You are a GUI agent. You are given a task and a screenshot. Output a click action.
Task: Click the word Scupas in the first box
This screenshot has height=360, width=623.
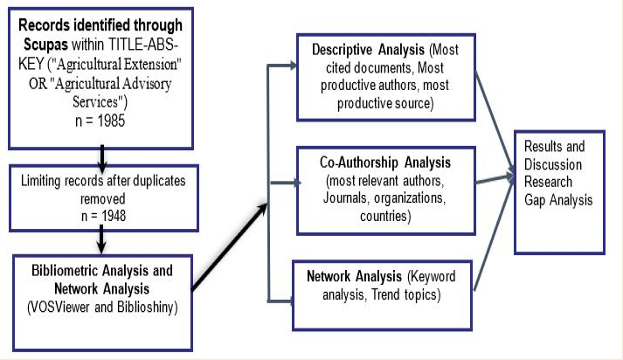(45, 45)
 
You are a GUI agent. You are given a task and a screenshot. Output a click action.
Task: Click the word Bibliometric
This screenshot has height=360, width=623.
(65, 271)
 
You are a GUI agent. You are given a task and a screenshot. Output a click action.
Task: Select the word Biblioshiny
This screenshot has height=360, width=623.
(147, 308)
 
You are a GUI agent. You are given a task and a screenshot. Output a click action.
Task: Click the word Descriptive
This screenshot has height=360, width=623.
(343, 50)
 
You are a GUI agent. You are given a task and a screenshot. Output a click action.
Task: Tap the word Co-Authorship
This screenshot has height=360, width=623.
(359, 163)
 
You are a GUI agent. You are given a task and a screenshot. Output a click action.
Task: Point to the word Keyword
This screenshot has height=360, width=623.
(432, 277)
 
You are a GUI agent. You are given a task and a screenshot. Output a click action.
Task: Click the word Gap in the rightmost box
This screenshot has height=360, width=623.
(535, 200)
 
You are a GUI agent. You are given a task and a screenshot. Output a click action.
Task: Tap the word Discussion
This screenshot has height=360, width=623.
(553, 164)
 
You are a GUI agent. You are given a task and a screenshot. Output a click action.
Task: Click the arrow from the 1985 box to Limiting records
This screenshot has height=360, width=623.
(102, 159)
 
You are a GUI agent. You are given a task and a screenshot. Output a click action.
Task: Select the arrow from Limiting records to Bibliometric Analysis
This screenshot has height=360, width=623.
(101, 239)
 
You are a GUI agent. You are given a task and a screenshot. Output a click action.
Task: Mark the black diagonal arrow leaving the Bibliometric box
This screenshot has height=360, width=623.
(230, 246)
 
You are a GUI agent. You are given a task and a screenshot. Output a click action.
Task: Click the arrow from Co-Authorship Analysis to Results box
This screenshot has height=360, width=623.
(495, 178)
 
